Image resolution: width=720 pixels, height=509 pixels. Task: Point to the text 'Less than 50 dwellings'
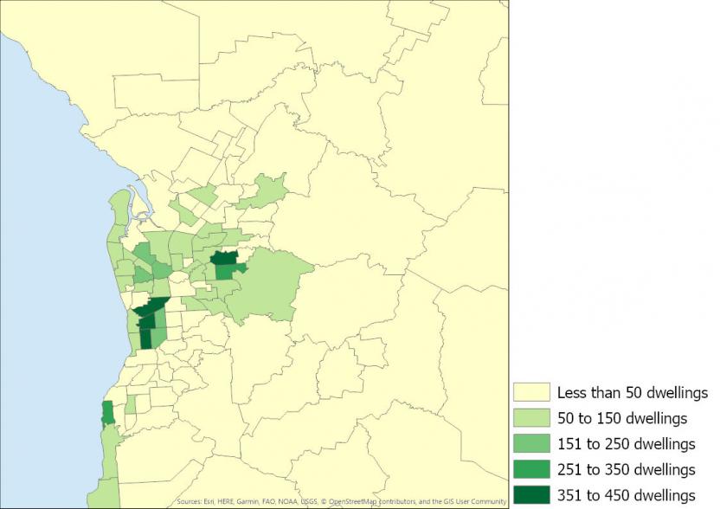point(633,392)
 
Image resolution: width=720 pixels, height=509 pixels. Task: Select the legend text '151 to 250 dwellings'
point(627,444)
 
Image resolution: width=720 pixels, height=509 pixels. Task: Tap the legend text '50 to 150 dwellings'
point(622,418)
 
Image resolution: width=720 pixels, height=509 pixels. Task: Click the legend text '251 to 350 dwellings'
point(627,470)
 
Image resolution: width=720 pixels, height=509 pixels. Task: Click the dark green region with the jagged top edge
point(224,258)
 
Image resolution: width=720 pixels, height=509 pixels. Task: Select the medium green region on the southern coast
point(107,413)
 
